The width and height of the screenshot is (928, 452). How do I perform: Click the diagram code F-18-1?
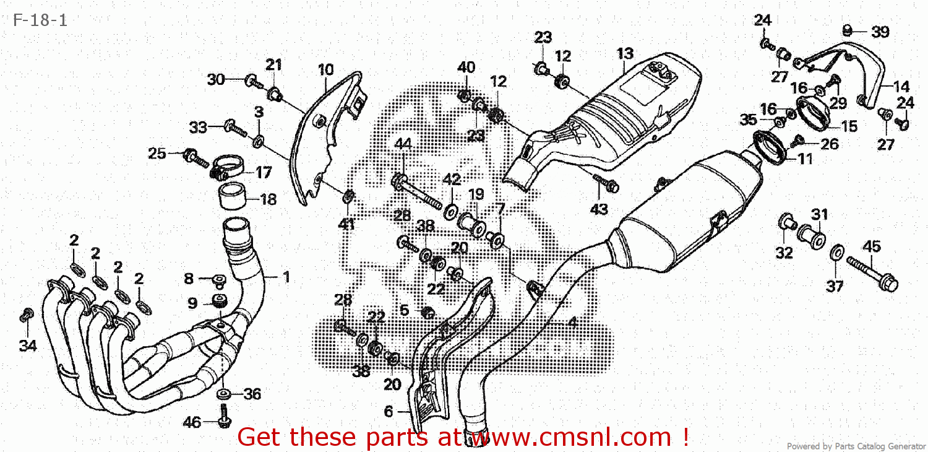pyautogui.click(x=40, y=20)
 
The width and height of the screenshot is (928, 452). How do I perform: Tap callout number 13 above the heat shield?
pyautogui.click(x=625, y=53)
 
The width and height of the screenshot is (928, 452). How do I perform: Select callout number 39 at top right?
pyautogui.click(x=880, y=32)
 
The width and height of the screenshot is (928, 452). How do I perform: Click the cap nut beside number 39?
pyautogui.click(x=847, y=30)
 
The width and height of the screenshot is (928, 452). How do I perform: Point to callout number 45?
pyautogui.click(x=872, y=246)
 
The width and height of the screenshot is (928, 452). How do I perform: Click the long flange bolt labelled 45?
pyautogui.click(x=872, y=274)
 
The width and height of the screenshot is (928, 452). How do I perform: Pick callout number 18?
pyautogui.click(x=269, y=199)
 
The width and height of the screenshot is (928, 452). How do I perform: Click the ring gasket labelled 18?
pyautogui.click(x=232, y=196)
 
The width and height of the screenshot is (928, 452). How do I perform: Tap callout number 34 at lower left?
pyautogui.click(x=28, y=346)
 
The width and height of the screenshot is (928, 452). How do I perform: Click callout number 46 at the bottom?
pyautogui.click(x=192, y=422)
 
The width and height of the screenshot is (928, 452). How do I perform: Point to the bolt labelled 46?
pyautogui.click(x=224, y=416)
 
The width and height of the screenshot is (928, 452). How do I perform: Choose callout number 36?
pyautogui.click(x=252, y=394)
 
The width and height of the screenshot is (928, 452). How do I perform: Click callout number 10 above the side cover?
pyautogui.click(x=325, y=70)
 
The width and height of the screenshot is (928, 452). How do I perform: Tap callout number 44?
pyautogui.click(x=403, y=144)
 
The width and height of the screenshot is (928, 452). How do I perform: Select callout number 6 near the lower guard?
pyautogui.click(x=388, y=411)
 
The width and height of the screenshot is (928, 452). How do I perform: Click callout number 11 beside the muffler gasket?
pyautogui.click(x=805, y=159)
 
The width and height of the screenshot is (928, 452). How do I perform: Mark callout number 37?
pyautogui.click(x=835, y=286)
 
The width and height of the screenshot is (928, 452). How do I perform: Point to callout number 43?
pyautogui.click(x=599, y=209)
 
